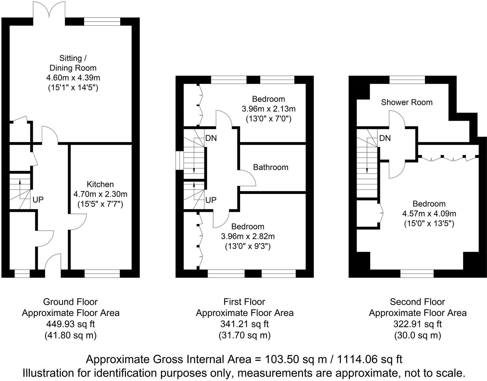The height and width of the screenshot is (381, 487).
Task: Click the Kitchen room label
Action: pyautogui.click(x=100, y=184)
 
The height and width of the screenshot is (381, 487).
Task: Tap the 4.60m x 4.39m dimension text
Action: pyautogui.click(x=73, y=78)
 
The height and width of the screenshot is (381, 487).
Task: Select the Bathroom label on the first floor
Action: pyautogui.click(x=270, y=167)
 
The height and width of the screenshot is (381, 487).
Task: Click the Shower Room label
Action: pyautogui.click(x=407, y=102)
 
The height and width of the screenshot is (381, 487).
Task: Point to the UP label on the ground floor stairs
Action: pyautogui.click(x=38, y=200)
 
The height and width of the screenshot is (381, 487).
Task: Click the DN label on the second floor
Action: pyautogui.click(x=385, y=138)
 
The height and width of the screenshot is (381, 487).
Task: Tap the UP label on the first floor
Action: pyautogui.click(x=211, y=200)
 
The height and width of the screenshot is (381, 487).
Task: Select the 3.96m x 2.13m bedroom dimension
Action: pyautogui.click(x=268, y=109)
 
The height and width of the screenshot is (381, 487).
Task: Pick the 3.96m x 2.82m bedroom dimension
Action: pyautogui.click(x=248, y=236)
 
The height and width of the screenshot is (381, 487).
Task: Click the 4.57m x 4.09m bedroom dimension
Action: pyautogui.click(x=429, y=214)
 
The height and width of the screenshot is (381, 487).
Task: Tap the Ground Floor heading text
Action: pyautogui.click(x=70, y=302)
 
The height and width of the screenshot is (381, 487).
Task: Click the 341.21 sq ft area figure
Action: pyautogui.click(x=244, y=324)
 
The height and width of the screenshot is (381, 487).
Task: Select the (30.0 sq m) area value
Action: pyautogui.click(x=417, y=335)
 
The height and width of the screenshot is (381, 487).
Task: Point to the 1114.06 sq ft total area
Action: pyautogui.click(x=370, y=360)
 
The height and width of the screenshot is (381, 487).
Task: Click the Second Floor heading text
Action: pyautogui.click(x=417, y=302)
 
